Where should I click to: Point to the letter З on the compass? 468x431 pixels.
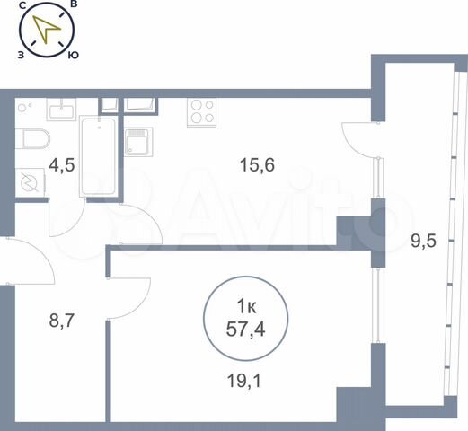click(21, 55)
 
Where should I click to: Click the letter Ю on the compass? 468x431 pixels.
click(74, 56)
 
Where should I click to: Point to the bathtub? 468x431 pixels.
click(96, 156)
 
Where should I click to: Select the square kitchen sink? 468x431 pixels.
click(138, 142)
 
